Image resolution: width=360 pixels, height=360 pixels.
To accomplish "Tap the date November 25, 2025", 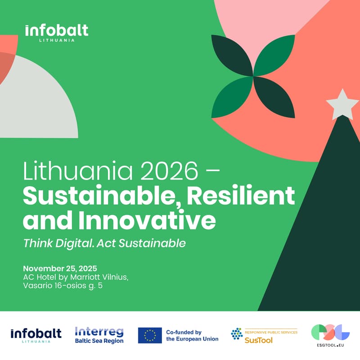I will point(60,268).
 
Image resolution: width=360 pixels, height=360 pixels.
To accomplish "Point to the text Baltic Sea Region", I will point(99,341).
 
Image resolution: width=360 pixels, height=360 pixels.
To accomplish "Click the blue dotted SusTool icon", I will point(236,333).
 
